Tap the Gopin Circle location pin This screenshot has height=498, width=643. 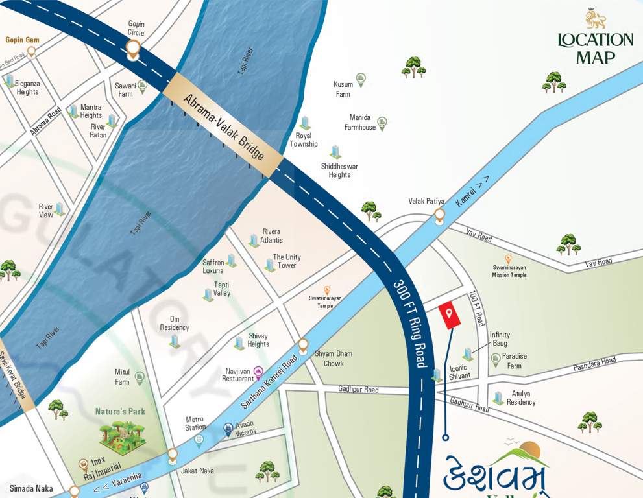pyautogui.click(x=134, y=49)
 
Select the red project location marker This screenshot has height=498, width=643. pyautogui.click(x=449, y=315)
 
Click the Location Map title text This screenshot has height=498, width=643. pyautogui.click(x=595, y=49)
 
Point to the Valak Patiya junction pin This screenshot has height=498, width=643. pyautogui.click(x=439, y=215)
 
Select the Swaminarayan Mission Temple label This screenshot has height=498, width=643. pyautogui.click(x=509, y=270)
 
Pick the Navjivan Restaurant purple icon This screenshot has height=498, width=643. pyautogui.click(x=258, y=372)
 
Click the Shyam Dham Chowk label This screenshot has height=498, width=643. pyautogui.click(x=334, y=358)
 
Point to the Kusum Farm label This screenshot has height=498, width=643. pyautogui.click(x=343, y=89)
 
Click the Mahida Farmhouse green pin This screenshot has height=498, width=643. pyautogui.click(x=382, y=122)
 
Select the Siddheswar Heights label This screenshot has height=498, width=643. pyautogui.click(x=339, y=171)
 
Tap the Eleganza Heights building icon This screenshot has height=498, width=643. pyautogui.click(x=10, y=80)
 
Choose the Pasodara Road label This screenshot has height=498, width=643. pyautogui.click(x=594, y=364)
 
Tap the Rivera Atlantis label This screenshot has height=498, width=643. pyautogui.click(x=271, y=235)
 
